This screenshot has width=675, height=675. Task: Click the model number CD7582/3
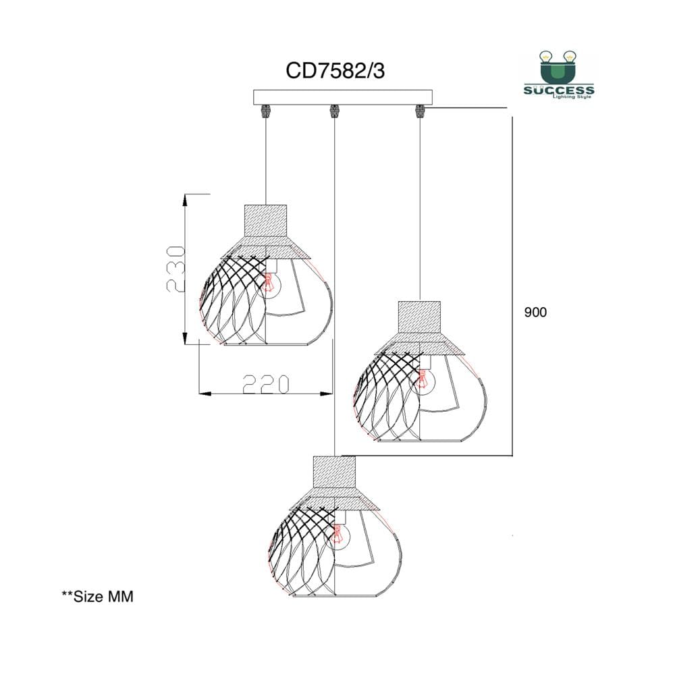pyautogui.click(x=335, y=71)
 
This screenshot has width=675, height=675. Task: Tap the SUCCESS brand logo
pyautogui.click(x=559, y=75)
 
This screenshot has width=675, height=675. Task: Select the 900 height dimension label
pyautogui.click(x=535, y=312)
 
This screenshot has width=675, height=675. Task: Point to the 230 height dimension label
pyautogui.click(x=175, y=269)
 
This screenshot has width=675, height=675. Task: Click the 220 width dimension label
pyautogui.click(x=265, y=385)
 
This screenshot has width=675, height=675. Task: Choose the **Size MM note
pyautogui.click(x=98, y=596)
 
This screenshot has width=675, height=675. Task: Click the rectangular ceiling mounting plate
pyautogui.click(x=343, y=97)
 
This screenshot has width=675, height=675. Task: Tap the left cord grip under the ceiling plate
pyautogui.click(x=265, y=111)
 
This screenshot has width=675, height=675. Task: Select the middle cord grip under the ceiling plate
pyautogui.click(x=334, y=111)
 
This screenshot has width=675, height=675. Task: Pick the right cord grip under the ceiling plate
pyautogui.click(x=420, y=111)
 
